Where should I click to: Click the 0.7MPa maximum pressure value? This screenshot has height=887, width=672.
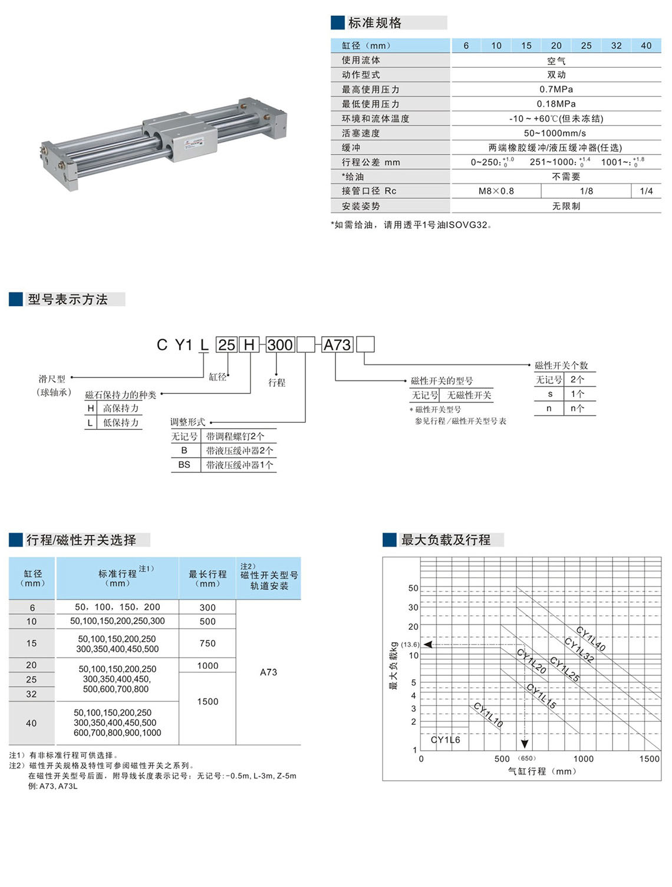556,89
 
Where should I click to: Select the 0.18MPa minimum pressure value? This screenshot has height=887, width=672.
556,104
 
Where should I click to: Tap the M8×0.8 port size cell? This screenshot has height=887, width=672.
496,191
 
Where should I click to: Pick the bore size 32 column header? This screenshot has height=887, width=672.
616,45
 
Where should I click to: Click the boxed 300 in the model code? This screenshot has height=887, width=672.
279,344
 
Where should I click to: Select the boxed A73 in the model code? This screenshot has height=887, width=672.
337,344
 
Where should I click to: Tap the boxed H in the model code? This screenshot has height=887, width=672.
249,344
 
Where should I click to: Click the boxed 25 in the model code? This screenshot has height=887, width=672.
226,344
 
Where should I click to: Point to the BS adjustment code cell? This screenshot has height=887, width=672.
185,465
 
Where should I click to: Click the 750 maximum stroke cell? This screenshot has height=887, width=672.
207,643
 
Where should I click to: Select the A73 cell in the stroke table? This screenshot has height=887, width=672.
268,672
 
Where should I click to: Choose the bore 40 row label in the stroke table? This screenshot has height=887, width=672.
31,723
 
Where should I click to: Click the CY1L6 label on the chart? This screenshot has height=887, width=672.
445,740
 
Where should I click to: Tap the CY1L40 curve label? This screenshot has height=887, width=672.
591,639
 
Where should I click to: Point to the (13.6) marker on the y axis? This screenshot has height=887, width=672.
410,645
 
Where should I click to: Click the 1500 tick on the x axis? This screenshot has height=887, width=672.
649,759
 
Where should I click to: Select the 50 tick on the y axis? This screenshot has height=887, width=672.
413,588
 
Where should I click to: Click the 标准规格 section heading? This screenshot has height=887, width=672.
375,23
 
